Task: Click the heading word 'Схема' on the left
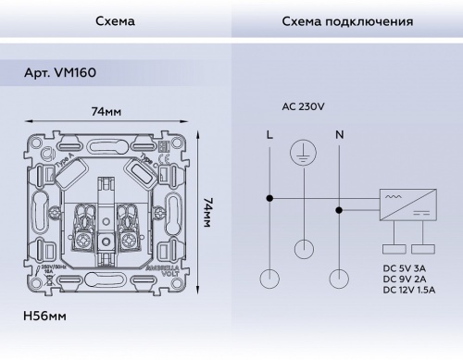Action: pos(114,21)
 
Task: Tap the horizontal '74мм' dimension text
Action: pos(106,111)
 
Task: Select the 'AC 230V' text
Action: pos(303,106)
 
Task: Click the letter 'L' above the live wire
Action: pos(269,135)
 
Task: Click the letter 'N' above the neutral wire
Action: pos(339,135)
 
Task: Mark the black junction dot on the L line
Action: pos(269,197)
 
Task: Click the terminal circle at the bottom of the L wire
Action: pos(269,277)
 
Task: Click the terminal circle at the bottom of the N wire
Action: pos(339,277)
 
